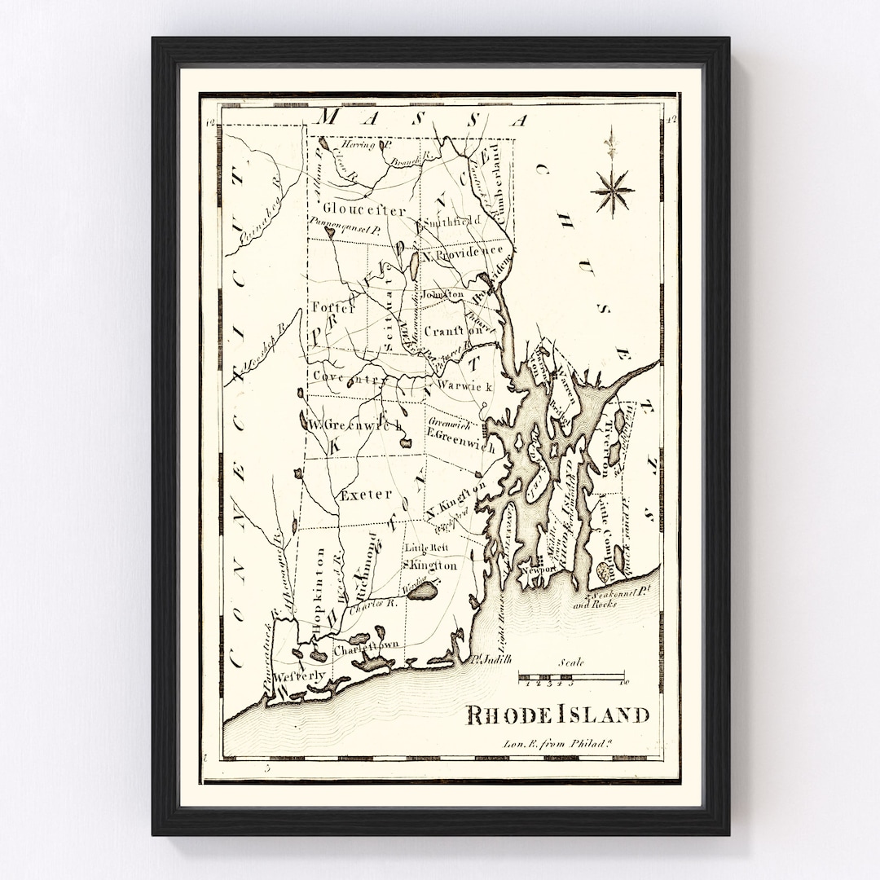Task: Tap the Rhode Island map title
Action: pos(557,715)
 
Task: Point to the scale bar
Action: pos(571,676)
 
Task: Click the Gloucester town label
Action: pos(352,209)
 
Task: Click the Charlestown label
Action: pos(366,645)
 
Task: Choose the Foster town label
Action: pos(333,308)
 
